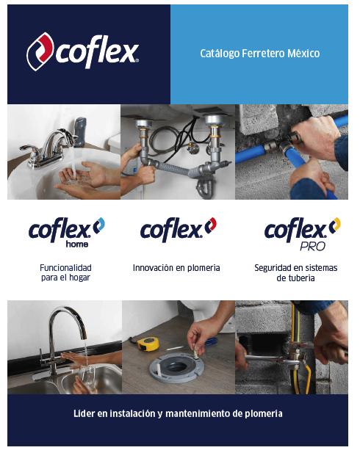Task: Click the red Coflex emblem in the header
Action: [40, 51]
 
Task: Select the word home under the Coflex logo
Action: [77, 244]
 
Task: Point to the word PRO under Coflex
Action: [312, 246]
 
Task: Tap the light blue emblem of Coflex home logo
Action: [99, 225]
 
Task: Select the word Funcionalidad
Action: [65, 268]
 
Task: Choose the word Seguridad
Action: [273, 268]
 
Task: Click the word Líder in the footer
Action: [84, 413]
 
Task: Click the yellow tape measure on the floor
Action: [148, 344]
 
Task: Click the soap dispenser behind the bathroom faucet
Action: [80, 131]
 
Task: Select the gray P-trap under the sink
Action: [204, 187]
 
